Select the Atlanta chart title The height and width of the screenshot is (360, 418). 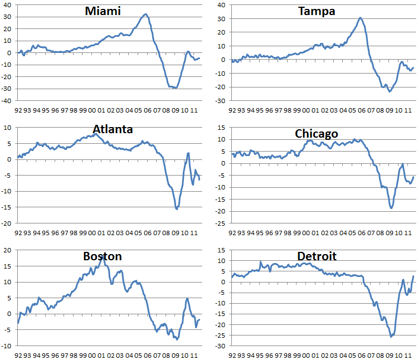click(113, 129)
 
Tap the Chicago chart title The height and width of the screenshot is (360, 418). click(317, 134)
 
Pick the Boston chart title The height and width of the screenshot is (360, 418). click(103, 256)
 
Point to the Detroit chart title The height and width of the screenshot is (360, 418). click(317, 256)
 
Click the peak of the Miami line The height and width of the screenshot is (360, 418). click(145, 14)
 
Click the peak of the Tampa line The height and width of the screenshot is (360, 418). click(360, 18)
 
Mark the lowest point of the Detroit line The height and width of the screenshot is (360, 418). click(391, 337)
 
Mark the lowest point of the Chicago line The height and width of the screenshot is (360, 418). click(391, 208)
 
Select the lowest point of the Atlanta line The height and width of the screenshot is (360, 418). click(177, 209)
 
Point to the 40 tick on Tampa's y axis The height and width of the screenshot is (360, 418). click(221, 5)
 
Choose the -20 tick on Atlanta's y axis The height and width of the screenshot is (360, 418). click(7, 223)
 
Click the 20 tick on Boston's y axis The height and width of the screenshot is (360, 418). click(8, 250)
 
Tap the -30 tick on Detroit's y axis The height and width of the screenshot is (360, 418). click(221, 346)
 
